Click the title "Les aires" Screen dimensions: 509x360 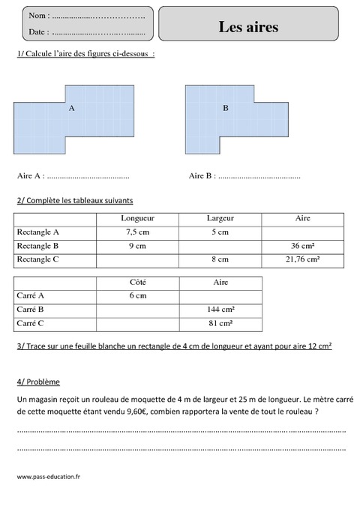coord(248,27)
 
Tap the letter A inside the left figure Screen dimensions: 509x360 coord(72,108)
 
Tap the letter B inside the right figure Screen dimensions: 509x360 coord(226,108)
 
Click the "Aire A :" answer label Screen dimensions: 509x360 coord(30,176)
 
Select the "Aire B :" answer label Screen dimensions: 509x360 coord(202,176)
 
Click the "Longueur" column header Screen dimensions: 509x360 coord(137,218)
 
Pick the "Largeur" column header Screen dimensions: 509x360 coord(220,218)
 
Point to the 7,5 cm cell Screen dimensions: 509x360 coord(137,232)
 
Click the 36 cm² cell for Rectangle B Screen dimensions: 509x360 coord(302,246)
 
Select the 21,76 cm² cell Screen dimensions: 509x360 coord(302,259)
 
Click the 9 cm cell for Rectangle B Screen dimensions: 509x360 coord(137,246)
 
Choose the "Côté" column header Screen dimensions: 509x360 coord(137,282)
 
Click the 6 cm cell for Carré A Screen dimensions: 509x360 coord(137,296)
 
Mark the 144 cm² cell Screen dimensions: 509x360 coord(220,310)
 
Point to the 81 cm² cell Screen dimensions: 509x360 coord(220,323)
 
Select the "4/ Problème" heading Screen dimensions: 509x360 coord(38,382)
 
